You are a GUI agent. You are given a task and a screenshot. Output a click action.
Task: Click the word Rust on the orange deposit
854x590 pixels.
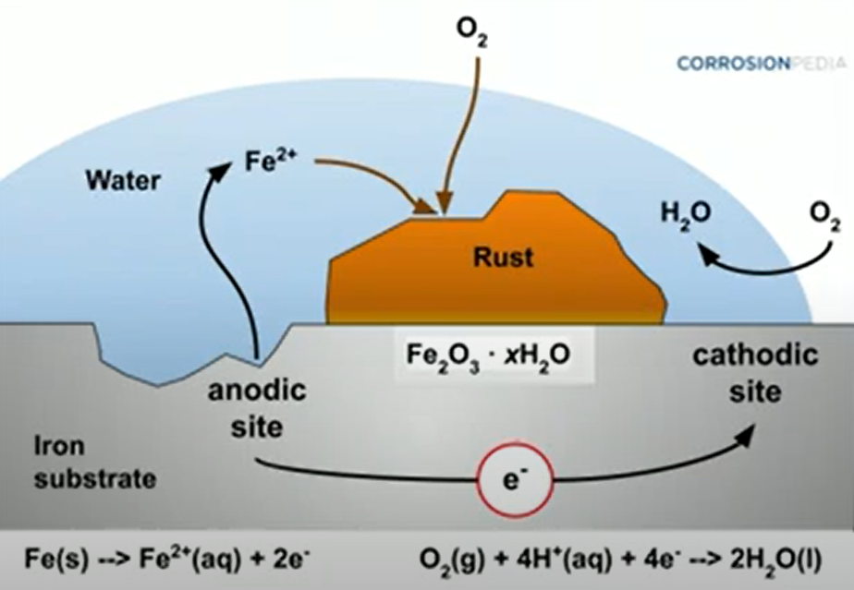pos(504,257)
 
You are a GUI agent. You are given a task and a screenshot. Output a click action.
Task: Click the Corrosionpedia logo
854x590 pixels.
pos(749,64)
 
